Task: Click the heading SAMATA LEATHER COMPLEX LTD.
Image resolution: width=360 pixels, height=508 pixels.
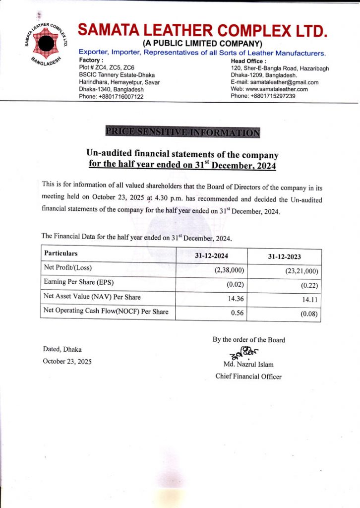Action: click(x=203, y=31)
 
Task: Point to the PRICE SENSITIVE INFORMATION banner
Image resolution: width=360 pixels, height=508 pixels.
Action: click(x=182, y=132)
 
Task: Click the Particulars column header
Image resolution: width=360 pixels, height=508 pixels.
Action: click(x=61, y=253)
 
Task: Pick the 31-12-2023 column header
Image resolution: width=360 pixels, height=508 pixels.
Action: click(x=285, y=257)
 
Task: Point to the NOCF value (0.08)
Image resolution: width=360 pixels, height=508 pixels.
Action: click(x=308, y=314)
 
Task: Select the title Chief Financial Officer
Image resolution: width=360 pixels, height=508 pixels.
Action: click(x=248, y=377)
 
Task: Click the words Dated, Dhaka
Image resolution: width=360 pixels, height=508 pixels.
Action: click(x=62, y=349)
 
